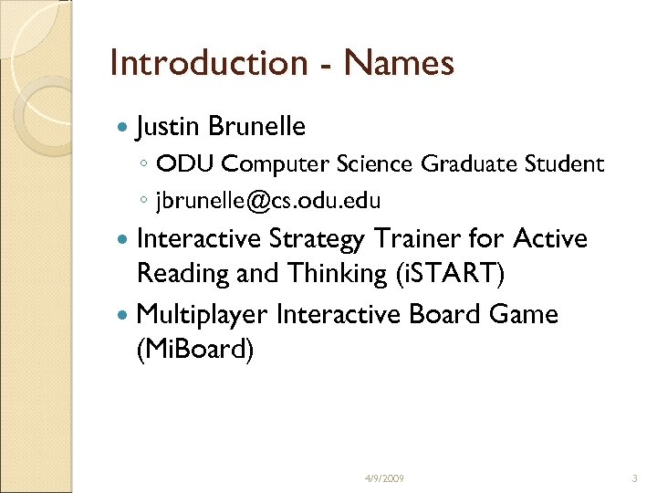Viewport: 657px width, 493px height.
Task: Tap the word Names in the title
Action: click(x=399, y=63)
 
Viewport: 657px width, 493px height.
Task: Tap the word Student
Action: click(x=564, y=164)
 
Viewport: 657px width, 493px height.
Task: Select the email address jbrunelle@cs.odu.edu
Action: click(x=268, y=200)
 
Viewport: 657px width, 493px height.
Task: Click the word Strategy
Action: click(x=318, y=239)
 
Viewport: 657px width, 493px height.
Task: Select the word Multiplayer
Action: click(x=201, y=315)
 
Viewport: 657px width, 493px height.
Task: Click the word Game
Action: click(x=524, y=315)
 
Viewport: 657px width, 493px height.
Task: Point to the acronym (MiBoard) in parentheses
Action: click(x=194, y=350)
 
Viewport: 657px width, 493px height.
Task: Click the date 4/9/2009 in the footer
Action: click(x=385, y=478)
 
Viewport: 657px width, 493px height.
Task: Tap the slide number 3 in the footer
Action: click(x=633, y=478)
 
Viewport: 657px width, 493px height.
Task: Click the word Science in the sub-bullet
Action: click(x=377, y=164)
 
